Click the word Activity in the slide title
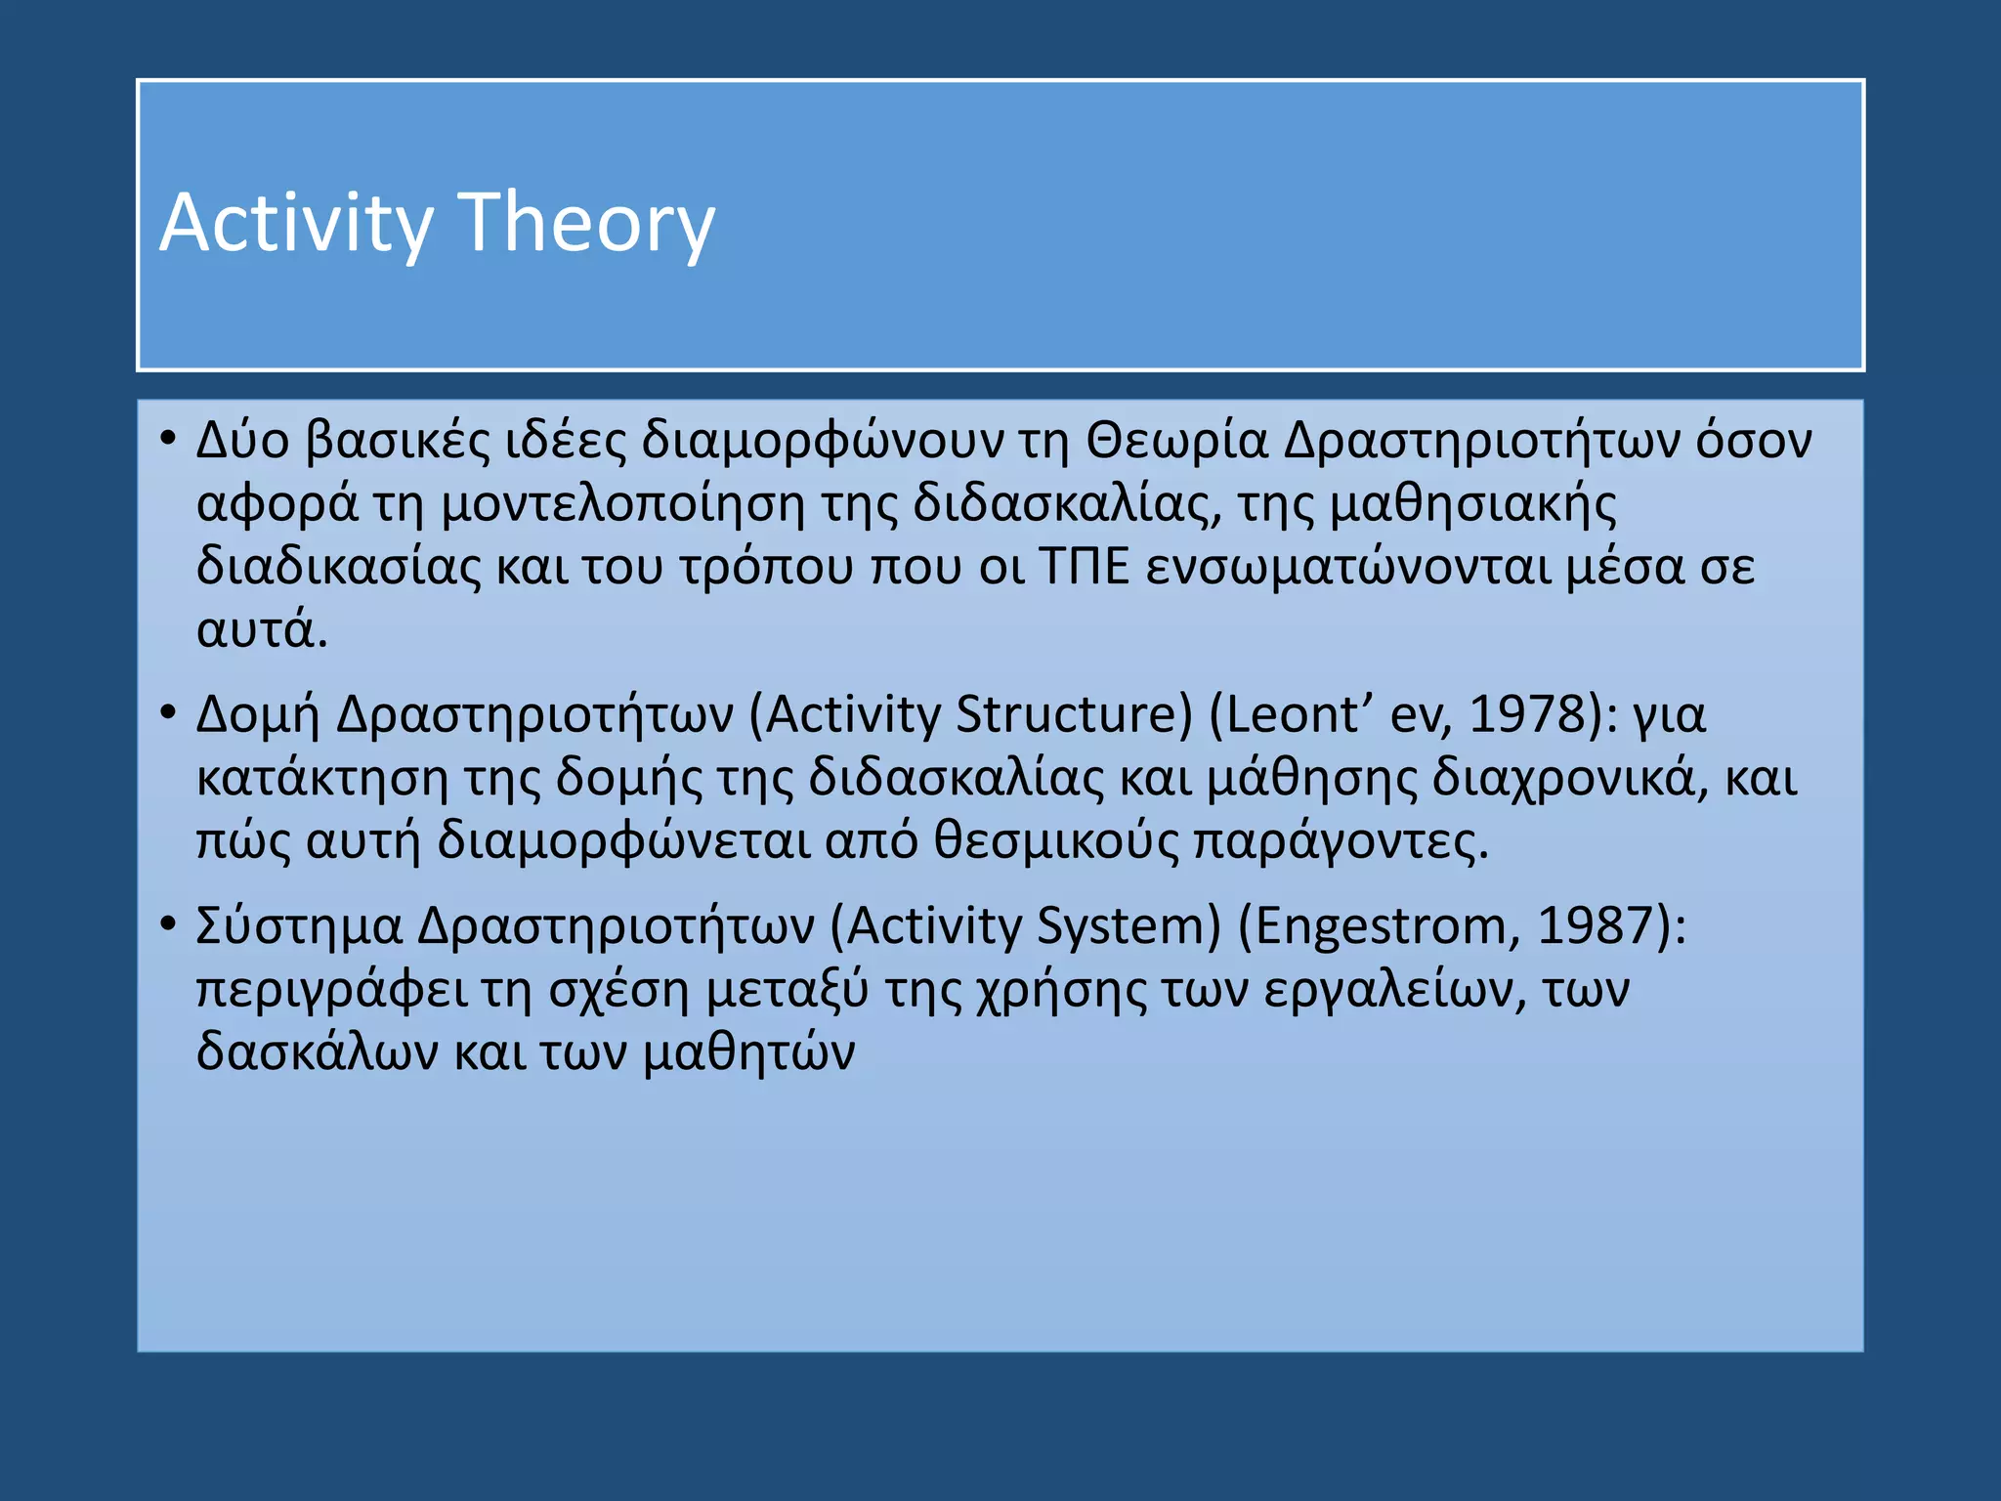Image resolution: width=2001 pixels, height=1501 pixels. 295,223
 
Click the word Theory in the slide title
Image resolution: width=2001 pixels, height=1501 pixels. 586,223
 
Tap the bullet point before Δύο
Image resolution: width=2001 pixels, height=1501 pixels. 168,437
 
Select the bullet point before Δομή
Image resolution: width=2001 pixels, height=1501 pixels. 168,710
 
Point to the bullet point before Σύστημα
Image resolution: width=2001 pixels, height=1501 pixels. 168,922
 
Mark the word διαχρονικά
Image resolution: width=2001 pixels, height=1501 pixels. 1563,778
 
